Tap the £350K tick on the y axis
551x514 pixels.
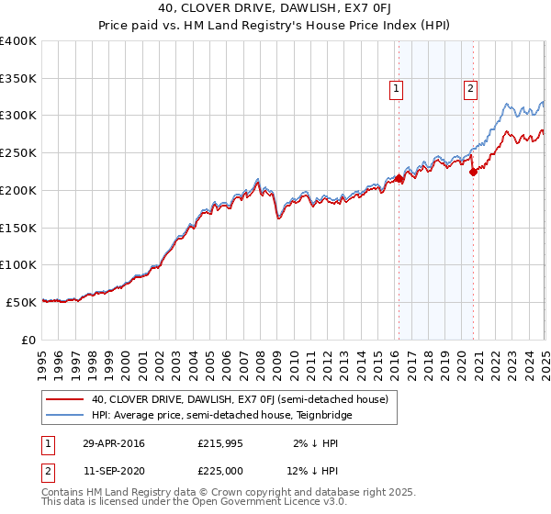tap(18, 79)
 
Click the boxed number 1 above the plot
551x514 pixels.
tap(397, 89)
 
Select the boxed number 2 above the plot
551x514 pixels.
tap(470, 89)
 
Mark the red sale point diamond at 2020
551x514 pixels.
tap(473, 171)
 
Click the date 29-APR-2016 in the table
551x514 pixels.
tap(114, 444)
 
